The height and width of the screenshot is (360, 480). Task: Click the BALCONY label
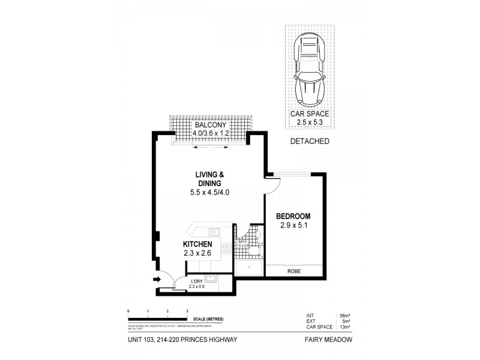(209, 124)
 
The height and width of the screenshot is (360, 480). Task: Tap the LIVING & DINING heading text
(209, 178)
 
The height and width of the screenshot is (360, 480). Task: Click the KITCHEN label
(197, 244)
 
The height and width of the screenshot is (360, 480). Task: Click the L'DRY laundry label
(196, 281)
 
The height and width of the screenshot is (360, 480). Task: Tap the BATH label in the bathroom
(241, 241)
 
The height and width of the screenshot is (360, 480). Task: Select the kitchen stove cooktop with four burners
(226, 247)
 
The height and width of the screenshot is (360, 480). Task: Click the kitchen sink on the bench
(213, 232)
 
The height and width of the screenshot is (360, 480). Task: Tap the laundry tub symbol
(210, 278)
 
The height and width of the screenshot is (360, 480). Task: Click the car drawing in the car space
(310, 68)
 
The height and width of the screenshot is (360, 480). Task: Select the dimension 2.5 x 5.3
(310, 122)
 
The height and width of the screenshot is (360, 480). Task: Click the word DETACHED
(310, 142)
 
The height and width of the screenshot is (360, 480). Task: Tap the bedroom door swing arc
(271, 185)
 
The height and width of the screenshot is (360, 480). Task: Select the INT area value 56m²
(345, 315)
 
